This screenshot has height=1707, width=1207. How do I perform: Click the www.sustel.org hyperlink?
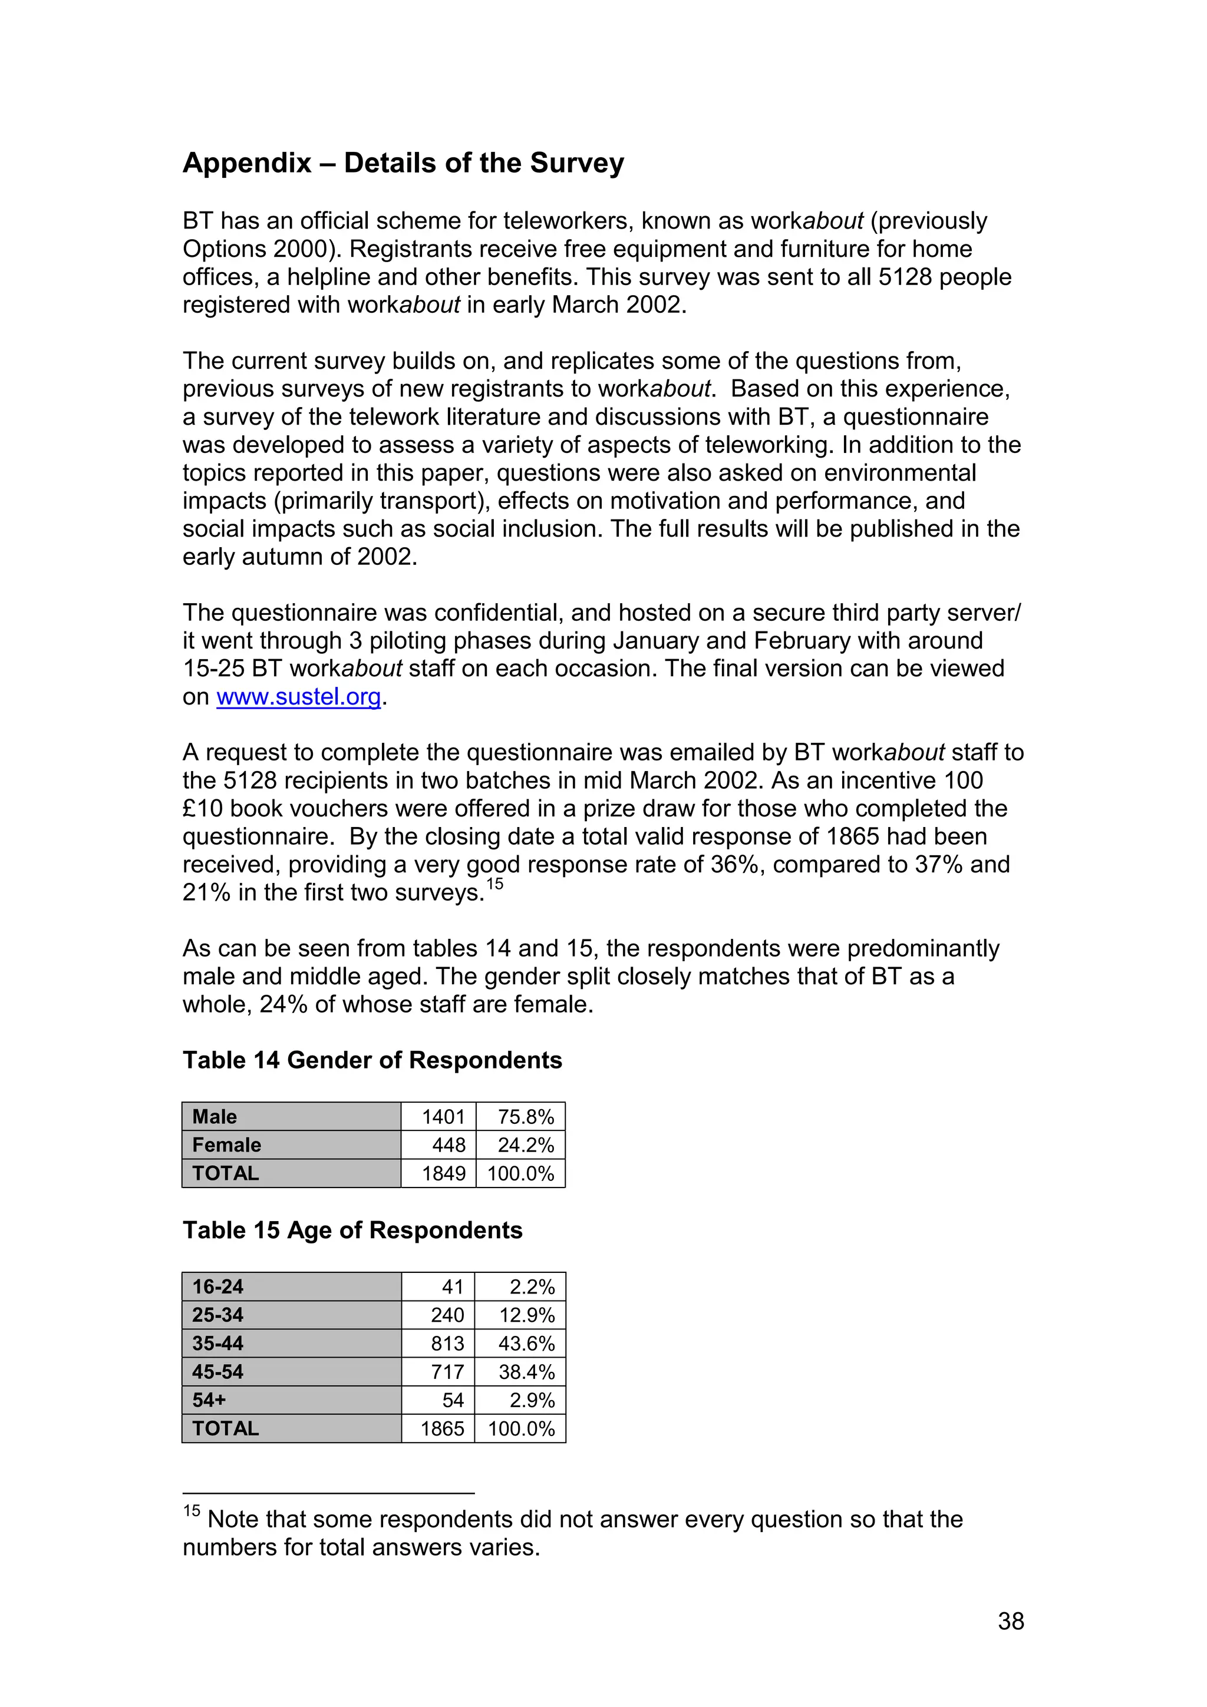click(x=298, y=697)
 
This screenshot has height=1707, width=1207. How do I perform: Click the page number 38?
click(x=1011, y=1622)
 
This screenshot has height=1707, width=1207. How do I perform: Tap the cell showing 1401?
click(x=443, y=1117)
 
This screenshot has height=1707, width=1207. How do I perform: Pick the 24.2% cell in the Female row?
click(x=526, y=1145)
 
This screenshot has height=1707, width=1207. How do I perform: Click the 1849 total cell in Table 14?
click(x=443, y=1174)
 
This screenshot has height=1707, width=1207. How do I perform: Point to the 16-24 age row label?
click(x=218, y=1287)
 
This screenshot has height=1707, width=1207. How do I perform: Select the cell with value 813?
click(x=447, y=1344)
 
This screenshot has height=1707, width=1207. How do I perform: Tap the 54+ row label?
click(x=209, y=1400)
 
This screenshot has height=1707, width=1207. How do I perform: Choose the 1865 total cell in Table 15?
click(x=443, y=1428)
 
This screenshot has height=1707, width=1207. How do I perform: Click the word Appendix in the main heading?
click(x=247, y=163)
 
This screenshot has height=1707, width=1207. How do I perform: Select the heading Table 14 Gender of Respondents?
click(x=372, y=1060)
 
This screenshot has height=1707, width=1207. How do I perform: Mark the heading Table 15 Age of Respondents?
click(x=352, y=1230)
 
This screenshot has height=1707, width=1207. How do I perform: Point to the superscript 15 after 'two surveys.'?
click(x=495, y=884)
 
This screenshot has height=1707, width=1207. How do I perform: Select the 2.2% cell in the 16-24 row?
click(x=532, y=1287)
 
